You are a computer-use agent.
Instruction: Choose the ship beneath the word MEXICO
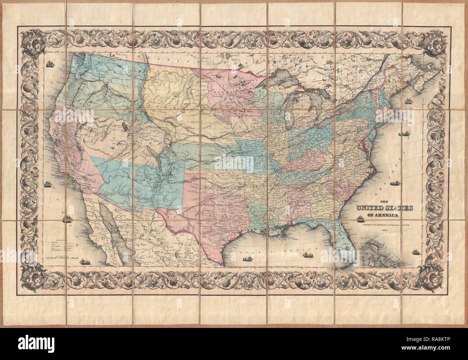pos(308,255)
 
